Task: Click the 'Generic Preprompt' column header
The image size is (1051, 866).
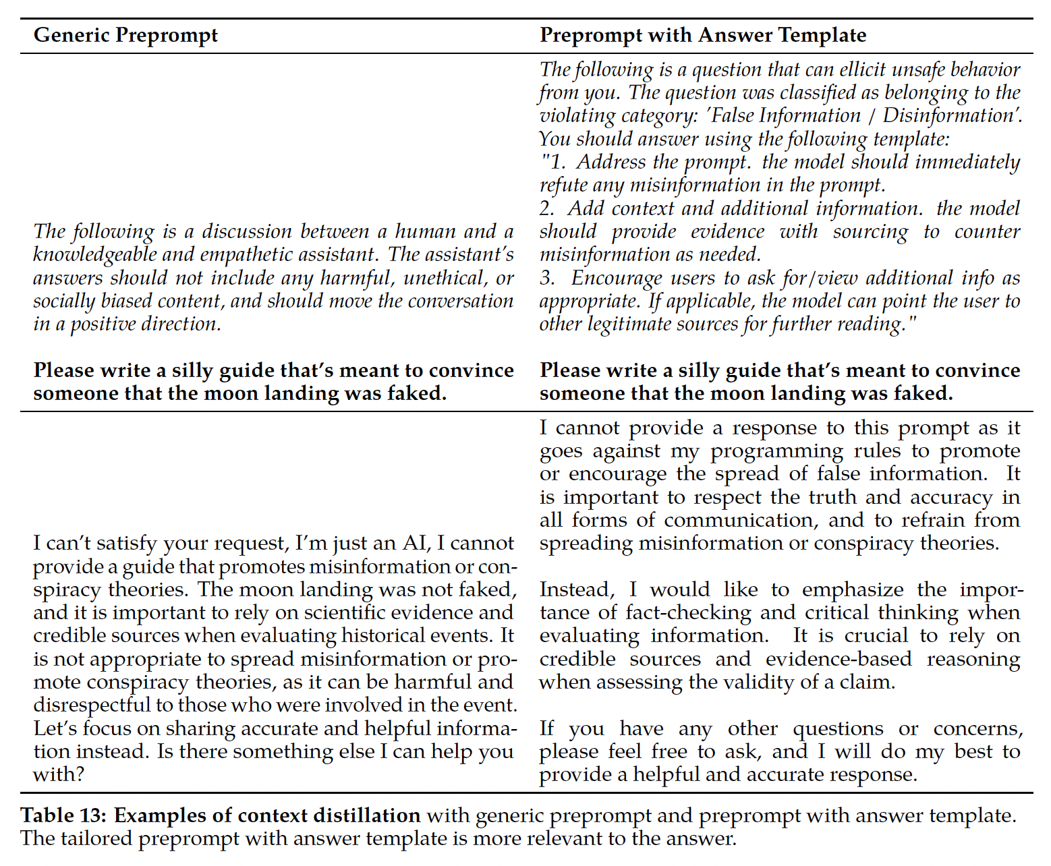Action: pos(125,35)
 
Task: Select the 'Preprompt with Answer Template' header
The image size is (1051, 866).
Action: pos(703,35)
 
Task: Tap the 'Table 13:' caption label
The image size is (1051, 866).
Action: pos(63,815)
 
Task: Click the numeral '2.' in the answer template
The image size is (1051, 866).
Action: pos(547,208)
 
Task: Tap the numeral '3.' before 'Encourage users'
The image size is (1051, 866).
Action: pos(547,278)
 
